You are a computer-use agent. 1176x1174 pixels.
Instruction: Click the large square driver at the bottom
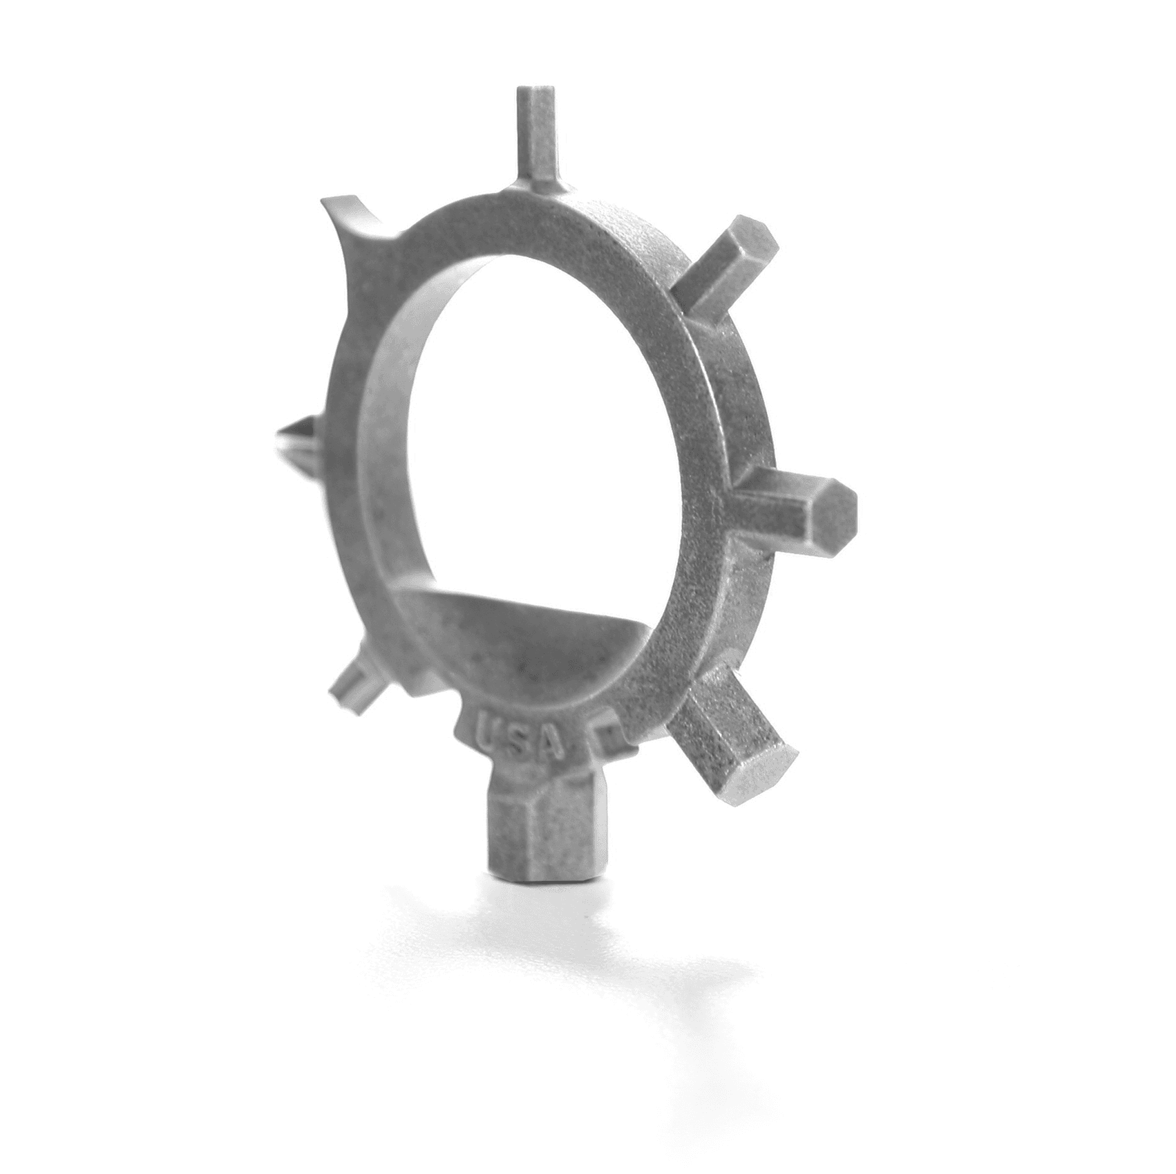(546, 830)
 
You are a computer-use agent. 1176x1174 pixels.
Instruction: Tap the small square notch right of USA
(608, 735)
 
